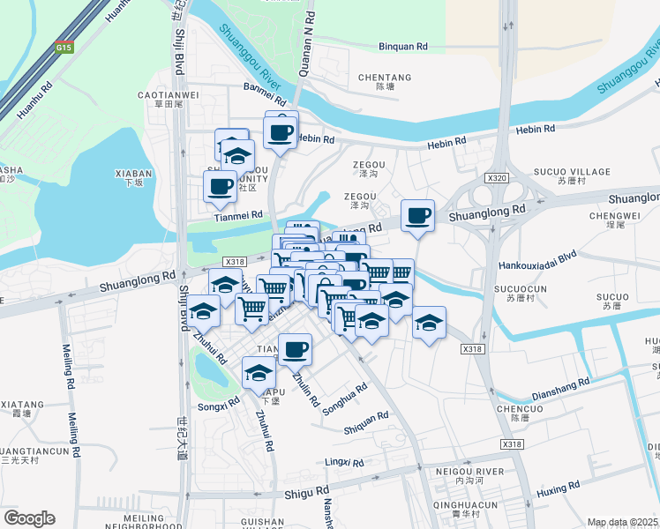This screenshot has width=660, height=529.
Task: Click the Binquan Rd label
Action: click(x=403, y=47)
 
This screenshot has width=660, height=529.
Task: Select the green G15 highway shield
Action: click(x=64, y=48)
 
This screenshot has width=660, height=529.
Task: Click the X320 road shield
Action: click(x=499, y=178)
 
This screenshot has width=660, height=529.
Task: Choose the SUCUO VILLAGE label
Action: click(x=572, y=171)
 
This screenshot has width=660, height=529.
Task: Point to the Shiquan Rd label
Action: click(x=365, y=422)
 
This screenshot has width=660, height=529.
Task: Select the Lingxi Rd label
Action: click(x=344, y=462)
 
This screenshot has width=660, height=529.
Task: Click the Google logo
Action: click(x=29, y=518)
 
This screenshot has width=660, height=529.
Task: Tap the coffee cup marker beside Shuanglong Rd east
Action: click(x=417, y=215)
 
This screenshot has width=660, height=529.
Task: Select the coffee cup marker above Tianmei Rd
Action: click(x=220, y=186)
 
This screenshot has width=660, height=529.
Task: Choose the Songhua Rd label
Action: click(x=344, y=399)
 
